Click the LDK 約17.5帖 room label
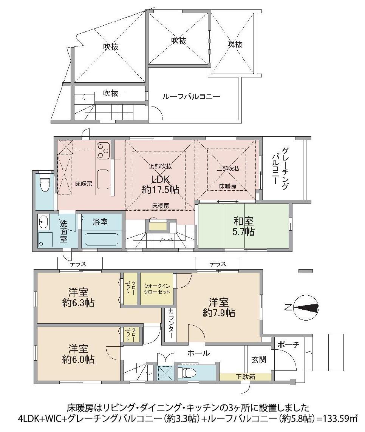tap(161, 184)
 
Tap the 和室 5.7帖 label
tap(243, 226)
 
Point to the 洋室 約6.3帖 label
tap(78, 297)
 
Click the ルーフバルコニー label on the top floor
tap(191, 97)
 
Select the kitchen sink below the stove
tap(103, 178)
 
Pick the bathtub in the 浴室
tap(101, 239)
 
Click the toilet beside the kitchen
tap(45, 184)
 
